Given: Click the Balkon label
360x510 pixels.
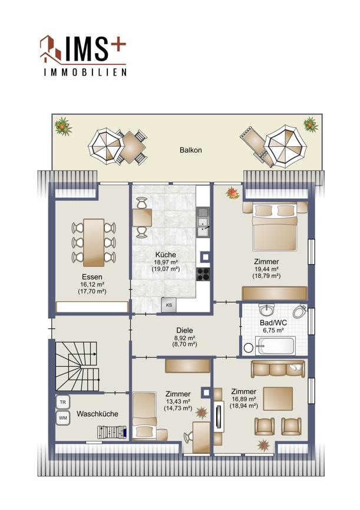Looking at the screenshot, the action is click(x=191, y=150).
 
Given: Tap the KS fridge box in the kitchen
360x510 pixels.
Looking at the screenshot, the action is click(x=169, y=305).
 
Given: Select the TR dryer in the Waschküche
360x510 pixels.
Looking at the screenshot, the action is click(x=63, y=402).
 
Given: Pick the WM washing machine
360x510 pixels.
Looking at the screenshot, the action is click(x=63, y=418).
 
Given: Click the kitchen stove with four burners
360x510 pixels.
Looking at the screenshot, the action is click(x=203, y=274).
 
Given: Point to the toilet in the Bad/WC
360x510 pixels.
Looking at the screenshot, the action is click(x=299, y=311).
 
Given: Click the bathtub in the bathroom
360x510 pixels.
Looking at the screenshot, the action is click(x=275, y=346).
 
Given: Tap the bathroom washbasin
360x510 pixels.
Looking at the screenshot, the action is click(x=267, y=310).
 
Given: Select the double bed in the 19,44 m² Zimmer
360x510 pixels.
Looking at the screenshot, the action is click(x=275, y=226).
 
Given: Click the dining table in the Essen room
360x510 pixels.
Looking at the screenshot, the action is click(x=94, y=242).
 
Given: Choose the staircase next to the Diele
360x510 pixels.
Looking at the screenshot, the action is click(x=77, y=366).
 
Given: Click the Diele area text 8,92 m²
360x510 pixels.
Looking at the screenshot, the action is click(x=184, y=338).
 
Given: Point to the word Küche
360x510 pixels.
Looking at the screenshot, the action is click(x=166, y=255).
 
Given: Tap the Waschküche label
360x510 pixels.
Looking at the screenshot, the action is click(x=97, y=414).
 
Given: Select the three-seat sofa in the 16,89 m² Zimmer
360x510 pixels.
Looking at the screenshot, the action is click(x=278, y=368).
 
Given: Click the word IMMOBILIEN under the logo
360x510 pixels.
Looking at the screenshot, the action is click(x=85, y=72).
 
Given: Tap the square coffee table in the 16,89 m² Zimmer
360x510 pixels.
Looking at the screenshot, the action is click(x=278, y=399).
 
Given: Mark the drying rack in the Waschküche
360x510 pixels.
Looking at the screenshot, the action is click(x=112, y=433).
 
